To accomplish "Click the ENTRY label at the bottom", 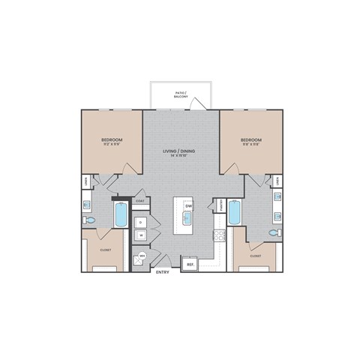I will (162, 273).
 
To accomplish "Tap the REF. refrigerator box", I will (190, 264).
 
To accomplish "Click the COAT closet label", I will (140, 201).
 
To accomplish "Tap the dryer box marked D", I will (140, 222).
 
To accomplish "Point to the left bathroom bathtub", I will (121, 215).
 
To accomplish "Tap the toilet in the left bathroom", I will (90, 220).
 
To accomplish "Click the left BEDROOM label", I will (112, 140).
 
